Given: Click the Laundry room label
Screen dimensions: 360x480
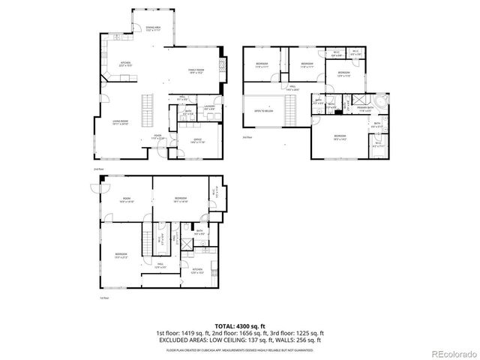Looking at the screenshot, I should pyautogui.click(x=209, y=107).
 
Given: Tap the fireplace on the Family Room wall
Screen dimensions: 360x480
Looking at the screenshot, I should pyautogui.click(x=222, y=67).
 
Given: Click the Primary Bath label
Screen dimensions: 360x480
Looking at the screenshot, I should pyautogui.click(x=365, y=109).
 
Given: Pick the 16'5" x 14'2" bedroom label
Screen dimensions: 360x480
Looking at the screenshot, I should pyautogui.click(x=340, y=137).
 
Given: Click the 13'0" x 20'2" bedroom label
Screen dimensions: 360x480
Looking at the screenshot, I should pyautogui.click(x=121, y=255).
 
